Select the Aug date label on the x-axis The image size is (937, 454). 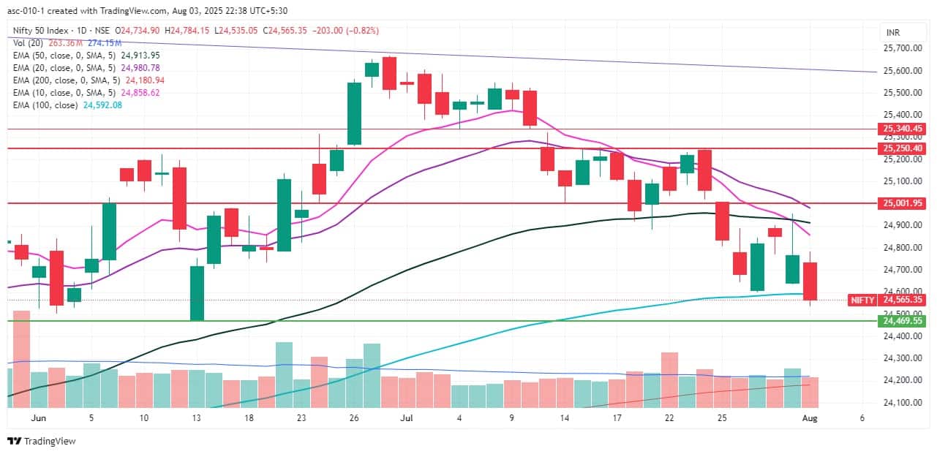[x=810, y=418]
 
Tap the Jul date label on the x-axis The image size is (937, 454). [x=407, y=418]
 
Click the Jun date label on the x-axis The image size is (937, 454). [x=39, y=418]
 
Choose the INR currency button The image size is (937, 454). [x=892, y=33]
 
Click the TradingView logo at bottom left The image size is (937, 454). [x=42, y=441]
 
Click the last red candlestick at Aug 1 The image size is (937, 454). [x=810, y=281]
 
